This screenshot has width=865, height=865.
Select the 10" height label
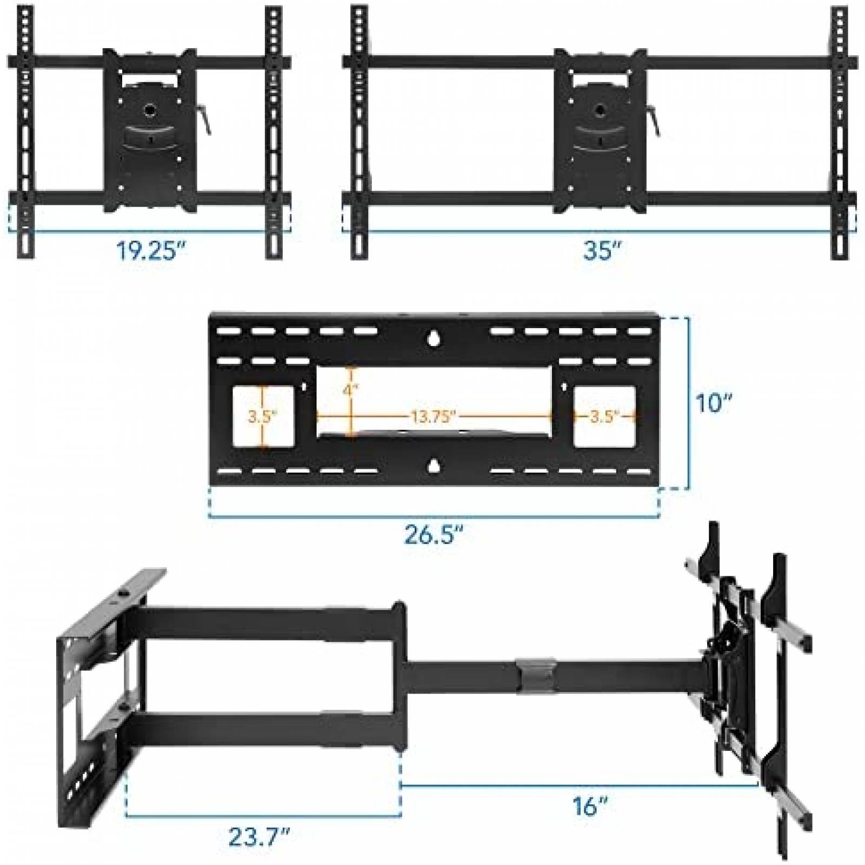[714, 402]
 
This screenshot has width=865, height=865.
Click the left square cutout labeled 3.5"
[263, 416]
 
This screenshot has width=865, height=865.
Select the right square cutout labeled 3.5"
[604, 416]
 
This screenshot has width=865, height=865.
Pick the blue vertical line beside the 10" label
[688, 403]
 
